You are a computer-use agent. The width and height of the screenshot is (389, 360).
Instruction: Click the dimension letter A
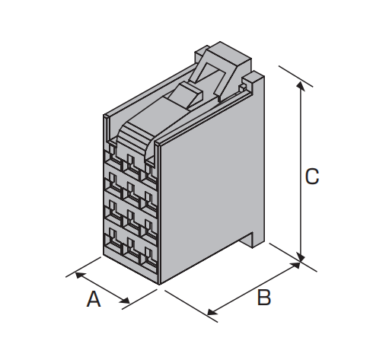tap(94, 299)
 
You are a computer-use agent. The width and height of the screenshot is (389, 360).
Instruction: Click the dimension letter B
tap(264, 297)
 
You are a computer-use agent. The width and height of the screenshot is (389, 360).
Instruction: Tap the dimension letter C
tap(312, 176)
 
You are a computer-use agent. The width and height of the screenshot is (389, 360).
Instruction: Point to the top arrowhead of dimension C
tap(301, 86)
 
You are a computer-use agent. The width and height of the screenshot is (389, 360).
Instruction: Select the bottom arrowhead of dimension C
tap(301, 256)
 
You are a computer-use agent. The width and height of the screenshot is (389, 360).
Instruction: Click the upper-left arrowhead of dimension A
tap(80, 275)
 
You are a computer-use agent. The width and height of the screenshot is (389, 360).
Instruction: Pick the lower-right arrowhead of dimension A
tap(125, 301)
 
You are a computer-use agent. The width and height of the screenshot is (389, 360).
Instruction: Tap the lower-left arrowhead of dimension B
tap(212, 312)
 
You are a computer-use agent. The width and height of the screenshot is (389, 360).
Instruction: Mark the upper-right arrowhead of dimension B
tap(295, 265)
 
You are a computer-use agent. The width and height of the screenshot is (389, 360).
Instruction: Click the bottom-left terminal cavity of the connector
tap(115, 239)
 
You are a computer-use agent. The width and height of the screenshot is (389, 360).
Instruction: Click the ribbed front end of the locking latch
tap(132, 139)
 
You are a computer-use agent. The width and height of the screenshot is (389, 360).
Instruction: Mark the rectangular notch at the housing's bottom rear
tap(246, 240)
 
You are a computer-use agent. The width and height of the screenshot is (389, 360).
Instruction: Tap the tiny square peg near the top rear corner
tap(242, 88)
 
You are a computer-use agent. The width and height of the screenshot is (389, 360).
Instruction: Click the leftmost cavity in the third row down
tap(115, 211)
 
